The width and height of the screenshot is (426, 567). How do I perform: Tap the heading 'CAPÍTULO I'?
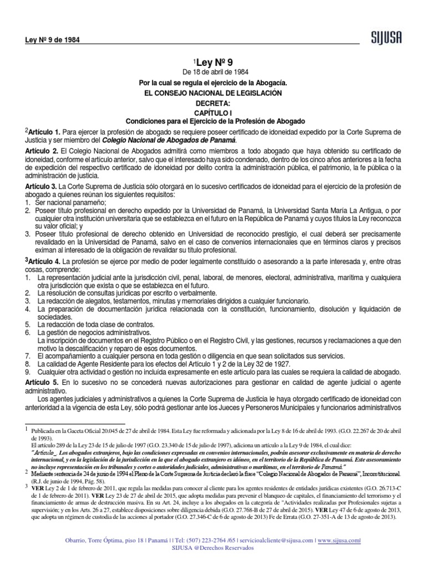(213, 112)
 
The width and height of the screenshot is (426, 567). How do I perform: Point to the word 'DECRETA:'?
(213, 103)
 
